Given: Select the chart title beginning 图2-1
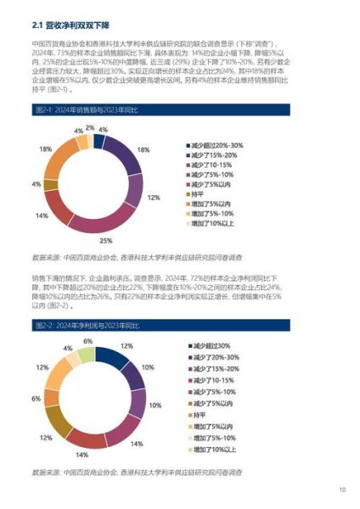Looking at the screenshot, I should [84, 110].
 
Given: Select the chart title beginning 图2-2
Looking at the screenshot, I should [84, 325].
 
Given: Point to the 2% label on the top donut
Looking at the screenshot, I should [90, 126].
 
